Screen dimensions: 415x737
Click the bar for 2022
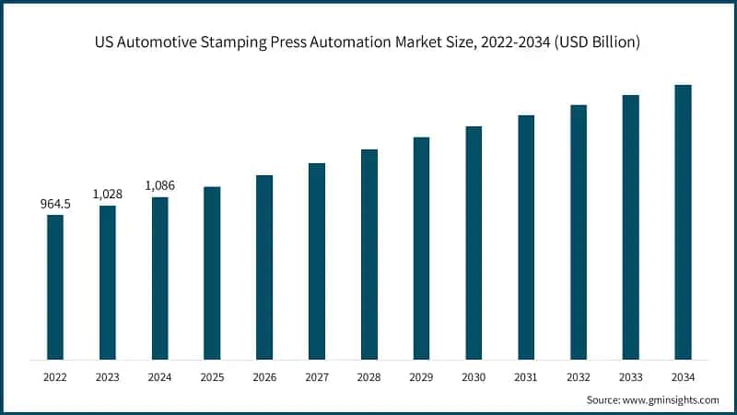55,287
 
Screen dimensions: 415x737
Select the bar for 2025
212,273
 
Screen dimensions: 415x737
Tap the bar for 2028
369,254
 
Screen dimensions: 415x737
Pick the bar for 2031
526,237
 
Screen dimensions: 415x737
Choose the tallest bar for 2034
683,221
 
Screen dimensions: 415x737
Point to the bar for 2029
421,248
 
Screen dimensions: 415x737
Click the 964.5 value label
55,204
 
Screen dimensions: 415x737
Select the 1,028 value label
108,194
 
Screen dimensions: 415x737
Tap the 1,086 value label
159,185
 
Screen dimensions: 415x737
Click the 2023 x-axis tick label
108,376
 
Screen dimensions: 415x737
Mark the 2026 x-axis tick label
264,376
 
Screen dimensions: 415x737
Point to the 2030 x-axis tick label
474,376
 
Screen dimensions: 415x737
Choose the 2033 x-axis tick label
630,376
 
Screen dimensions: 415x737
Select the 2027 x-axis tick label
317,376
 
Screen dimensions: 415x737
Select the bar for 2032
578,231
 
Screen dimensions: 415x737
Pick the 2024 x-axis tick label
159,376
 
